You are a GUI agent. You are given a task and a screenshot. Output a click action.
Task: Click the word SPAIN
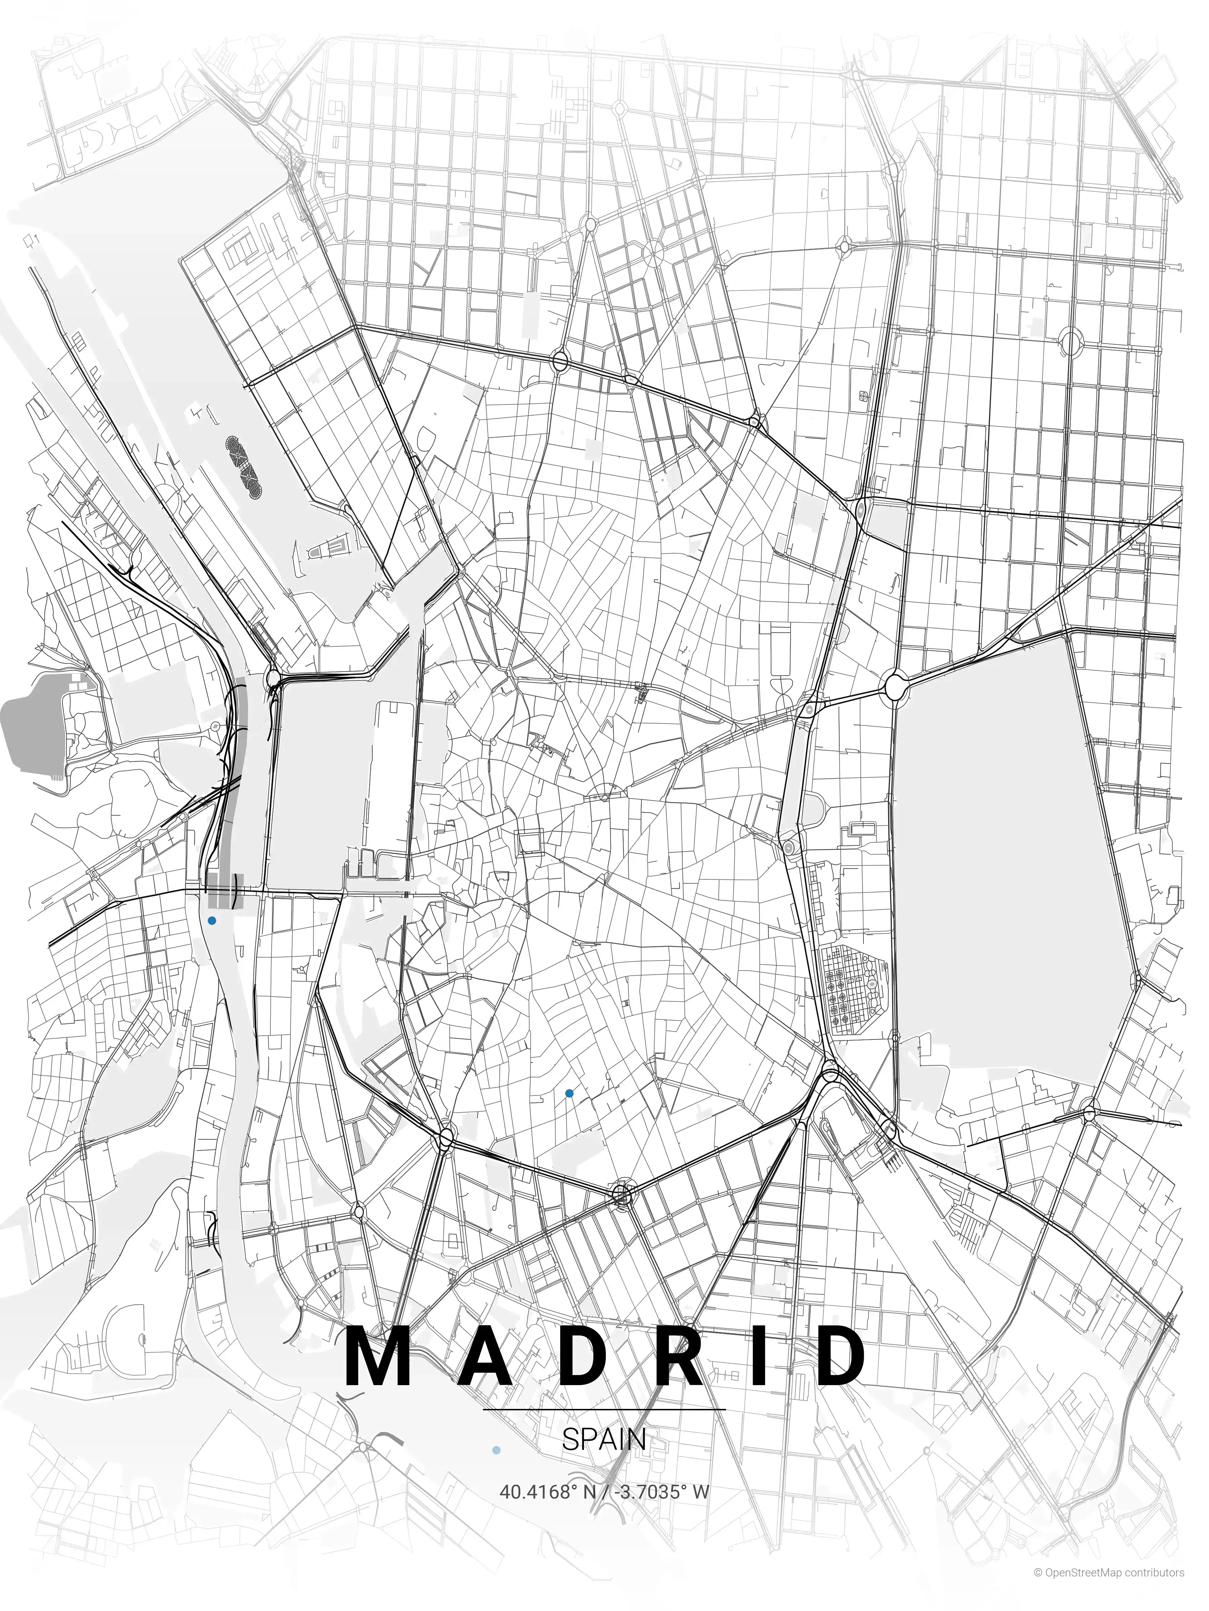(x=604, y=1440)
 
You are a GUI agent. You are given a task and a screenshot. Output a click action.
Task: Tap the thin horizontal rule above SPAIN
(x=604, y=1409)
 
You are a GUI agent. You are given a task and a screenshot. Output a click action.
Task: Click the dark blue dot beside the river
(x=212, y=921)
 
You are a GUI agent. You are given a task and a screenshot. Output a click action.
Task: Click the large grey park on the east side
(x=1009, y=874)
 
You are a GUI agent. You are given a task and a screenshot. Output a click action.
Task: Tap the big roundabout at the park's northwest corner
(x=895, y=685)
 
